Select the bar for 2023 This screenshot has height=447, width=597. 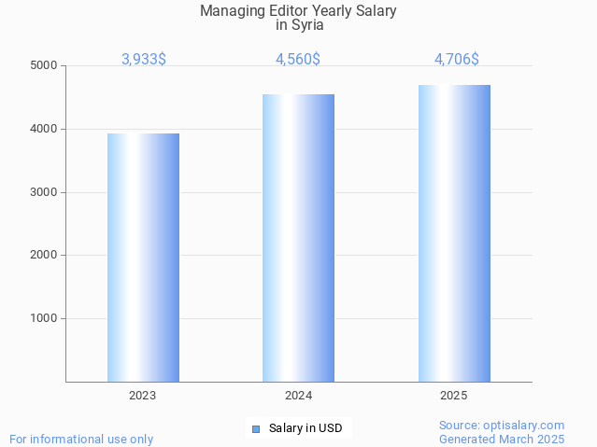(143, 257)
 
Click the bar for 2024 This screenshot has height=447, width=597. (298, 237)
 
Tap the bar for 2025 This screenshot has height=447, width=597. (454, 232)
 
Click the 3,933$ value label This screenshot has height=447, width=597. (144, 60)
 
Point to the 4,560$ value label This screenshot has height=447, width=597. (298, 60)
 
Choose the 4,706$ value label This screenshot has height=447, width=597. (457, 60)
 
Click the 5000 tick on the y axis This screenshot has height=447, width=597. (43, 66)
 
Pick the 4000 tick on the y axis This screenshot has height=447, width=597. (43, 130)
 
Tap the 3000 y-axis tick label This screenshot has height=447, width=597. (43, 192)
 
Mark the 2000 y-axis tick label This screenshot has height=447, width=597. (43, 255)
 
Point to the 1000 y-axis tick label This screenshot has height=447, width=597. (43, 318)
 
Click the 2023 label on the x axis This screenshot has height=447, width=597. (143, 396)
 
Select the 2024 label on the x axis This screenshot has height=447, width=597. (298, 396)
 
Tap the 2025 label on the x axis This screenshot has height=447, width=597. (454, 396)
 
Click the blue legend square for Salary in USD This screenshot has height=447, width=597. (255, 429)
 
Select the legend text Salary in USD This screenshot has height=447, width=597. (306, 429)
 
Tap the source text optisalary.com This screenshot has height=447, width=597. (528, 425)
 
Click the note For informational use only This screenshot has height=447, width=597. (81, 439)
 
